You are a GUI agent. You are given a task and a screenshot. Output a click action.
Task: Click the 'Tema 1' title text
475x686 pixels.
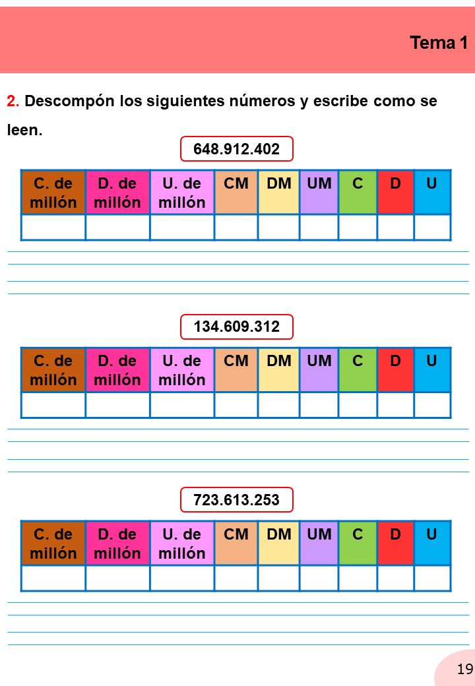[438, 43]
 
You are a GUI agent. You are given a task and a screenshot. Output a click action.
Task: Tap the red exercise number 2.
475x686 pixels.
[13, 101]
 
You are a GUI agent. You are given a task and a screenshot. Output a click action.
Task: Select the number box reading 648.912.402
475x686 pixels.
[237, 149]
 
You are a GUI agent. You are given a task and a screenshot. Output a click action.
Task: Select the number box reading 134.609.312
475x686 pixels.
[237, 327]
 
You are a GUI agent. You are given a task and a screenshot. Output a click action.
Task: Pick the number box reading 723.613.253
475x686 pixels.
[237, 499]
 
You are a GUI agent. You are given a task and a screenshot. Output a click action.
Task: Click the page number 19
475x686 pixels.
[465, 669]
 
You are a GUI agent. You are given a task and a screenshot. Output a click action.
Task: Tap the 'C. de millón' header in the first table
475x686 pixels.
[53, 192]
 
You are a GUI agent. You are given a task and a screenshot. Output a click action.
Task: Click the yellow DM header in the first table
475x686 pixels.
[279, 192]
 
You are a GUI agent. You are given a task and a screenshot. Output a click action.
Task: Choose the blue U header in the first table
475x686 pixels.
[432, 192]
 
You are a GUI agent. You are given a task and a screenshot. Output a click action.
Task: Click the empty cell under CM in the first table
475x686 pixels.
[236, 227]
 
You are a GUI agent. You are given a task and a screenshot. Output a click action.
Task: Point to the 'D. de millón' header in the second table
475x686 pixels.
[117, 369]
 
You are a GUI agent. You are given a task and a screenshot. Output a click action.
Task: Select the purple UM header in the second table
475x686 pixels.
[319, 369]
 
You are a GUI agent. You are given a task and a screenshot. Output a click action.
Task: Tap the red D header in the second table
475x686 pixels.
[395, 369]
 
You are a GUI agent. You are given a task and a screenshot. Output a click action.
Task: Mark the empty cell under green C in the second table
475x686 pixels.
[358, 405]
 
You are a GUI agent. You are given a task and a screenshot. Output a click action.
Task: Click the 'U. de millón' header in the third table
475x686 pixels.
[182, 543]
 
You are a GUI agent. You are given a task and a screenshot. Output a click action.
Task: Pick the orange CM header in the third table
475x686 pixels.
[236, 543]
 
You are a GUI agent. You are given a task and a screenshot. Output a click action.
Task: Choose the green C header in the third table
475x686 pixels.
[358, 543]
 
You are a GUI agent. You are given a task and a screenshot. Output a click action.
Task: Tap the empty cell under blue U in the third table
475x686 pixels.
[432, 578]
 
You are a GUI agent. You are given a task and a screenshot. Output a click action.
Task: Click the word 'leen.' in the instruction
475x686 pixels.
[25, 130]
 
